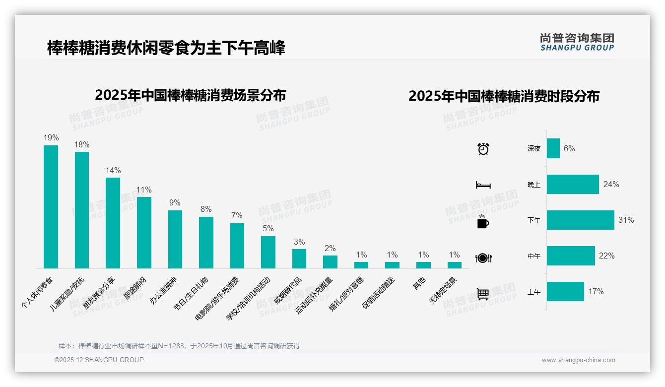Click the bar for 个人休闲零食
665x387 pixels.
tap(51, 206)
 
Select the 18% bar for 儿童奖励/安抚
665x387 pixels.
tap(82, 210)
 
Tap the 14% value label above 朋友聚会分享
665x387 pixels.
tap(113, 170)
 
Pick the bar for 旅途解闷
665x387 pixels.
tap(144, 232)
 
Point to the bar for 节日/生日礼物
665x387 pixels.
tap(206, 242)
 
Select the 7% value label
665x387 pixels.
tap(237, 216)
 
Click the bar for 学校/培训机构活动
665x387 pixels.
tap(268, 252)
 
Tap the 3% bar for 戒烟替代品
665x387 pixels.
tap(299, 258)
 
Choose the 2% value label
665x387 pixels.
tap(330, 249)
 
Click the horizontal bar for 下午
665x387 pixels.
tap(580, 220)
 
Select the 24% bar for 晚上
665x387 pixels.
tap(573, 185)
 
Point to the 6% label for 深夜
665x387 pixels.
tap(569, 149)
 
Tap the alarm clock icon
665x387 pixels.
tap(483, 149)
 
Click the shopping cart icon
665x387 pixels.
tap(483, 294)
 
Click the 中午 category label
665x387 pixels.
tap(534, 257)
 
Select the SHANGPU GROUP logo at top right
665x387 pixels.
tap(577, 42)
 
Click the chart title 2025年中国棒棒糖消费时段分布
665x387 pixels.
tap(504, 96)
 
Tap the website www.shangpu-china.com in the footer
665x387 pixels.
tap(578, 360)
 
